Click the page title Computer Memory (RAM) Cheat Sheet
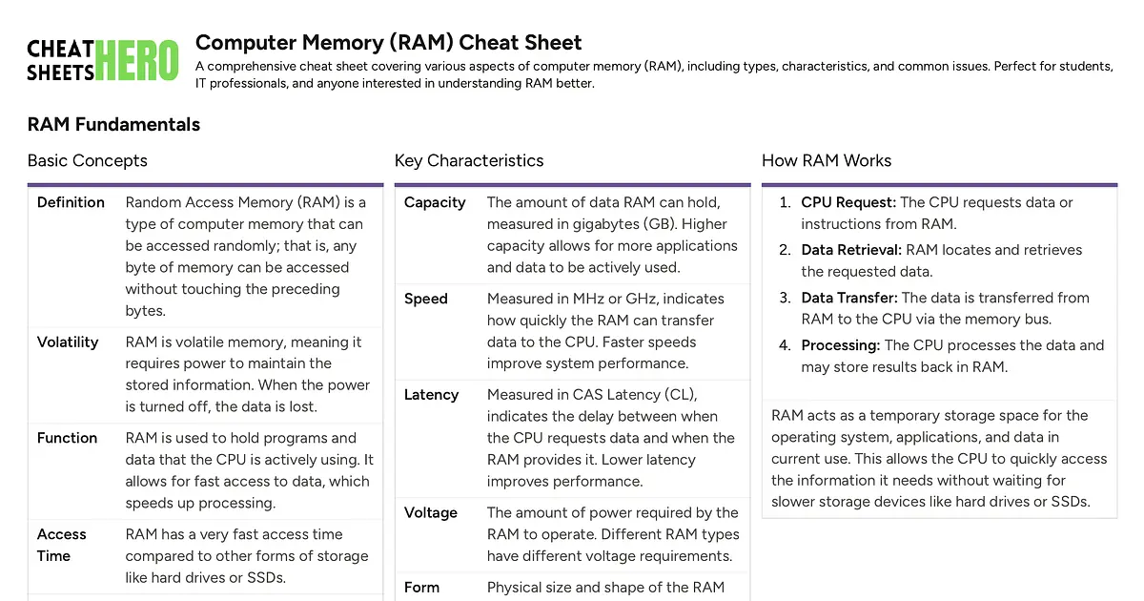pos(388,42)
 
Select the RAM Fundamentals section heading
pos(113,124)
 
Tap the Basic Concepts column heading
pos(87,160)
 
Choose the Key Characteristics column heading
pos(468,160)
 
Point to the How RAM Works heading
pos(827,160)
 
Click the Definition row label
pos(71,202)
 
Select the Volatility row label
pos(67,342)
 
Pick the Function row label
pos(67,438)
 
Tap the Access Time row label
pos(61,545)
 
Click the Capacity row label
pos(435,202)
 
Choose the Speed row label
pos(425,299)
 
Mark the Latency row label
pos(431,395)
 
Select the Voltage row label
pos(431,512)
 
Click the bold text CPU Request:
pos(848,202)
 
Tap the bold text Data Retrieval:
pos(851,250)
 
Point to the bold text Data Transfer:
pos(849,298)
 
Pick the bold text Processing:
pos(841,345)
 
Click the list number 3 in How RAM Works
pos(785,298)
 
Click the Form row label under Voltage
pos(421,587)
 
